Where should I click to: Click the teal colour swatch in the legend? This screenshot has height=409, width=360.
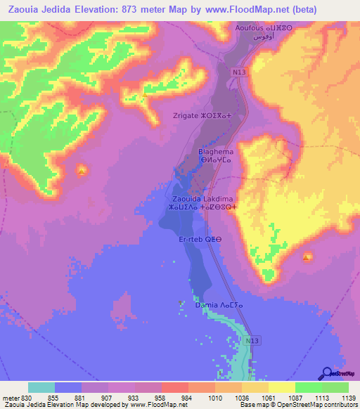(41, 387)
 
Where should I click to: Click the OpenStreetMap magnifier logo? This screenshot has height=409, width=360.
(327, 372)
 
